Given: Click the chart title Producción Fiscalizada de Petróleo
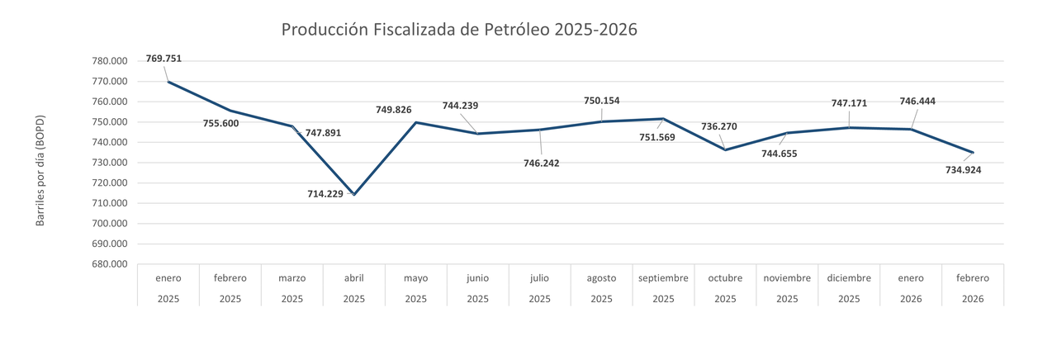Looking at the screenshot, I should (x=459, y=30).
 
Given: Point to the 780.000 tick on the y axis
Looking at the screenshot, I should (x=109, y=61).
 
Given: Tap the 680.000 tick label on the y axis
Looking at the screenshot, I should (x=109, y=264).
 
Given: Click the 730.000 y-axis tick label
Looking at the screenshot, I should (x=109, y=163).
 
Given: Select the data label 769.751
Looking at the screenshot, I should (x=164, y=59).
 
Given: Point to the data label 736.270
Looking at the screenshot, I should (x=718, y=127).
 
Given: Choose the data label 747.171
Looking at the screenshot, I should (x=849, y=104).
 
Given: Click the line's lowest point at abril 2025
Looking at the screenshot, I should (x=354, y=194).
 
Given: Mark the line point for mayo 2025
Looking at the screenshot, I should (x=416, y=122).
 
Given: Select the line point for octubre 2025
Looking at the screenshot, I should (x=725, y=149).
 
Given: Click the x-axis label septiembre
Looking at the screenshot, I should (x=663, y=278).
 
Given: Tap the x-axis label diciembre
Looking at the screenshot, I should (x=849, y=278).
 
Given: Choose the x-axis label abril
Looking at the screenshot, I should (x=354, y=278).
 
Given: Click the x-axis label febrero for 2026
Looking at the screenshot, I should (x=973, y=278).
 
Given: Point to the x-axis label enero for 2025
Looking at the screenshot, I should (x=168, y=278).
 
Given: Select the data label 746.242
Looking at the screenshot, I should (x=541, y=163).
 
